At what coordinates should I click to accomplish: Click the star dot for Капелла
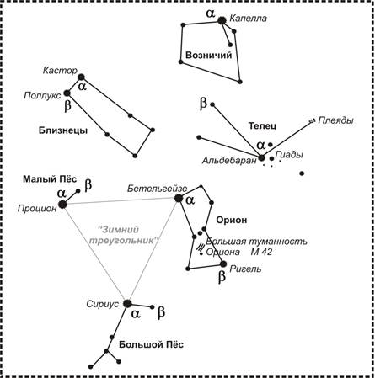(222, 20)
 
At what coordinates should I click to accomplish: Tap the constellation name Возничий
(209, 55)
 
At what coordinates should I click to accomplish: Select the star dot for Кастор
(81, 77)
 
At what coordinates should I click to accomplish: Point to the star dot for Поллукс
(67, 93)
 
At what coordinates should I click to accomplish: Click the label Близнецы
(63, 130)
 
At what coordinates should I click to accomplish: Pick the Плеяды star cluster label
(335, 120)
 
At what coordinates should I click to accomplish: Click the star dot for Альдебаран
(261, 157)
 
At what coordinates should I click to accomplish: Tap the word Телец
(262, 125)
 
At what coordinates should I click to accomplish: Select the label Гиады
(289, 155)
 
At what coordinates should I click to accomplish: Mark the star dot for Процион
(62, 205)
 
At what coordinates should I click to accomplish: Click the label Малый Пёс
(50, 179)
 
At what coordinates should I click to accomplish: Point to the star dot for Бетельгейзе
(178, 198)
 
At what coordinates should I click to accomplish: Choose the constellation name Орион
(232, 221)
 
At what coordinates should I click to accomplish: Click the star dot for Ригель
(223, 264)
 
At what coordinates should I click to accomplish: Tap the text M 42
(261, 252)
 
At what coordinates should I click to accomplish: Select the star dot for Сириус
(127, 303)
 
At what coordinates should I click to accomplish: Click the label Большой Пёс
(151, 344)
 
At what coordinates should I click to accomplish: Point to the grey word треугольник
(125, 241)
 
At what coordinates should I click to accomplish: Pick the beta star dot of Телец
(212, 104)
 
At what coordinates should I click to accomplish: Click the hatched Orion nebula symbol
(201, 247)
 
